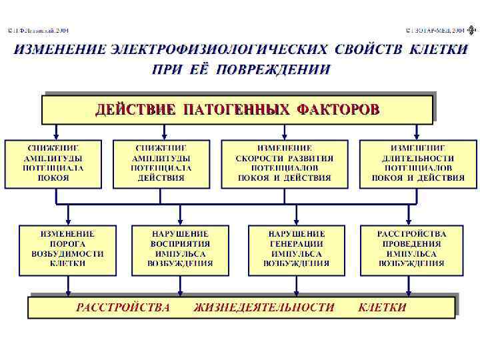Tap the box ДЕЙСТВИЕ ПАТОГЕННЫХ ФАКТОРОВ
tap(237, 109)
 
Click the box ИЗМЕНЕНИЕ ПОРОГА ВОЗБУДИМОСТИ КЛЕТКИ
tap(67, 249)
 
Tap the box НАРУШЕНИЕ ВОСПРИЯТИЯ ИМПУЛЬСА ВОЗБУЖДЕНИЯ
tap(181, 249)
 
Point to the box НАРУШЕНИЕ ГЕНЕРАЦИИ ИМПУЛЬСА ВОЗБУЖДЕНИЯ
tap(297, 249)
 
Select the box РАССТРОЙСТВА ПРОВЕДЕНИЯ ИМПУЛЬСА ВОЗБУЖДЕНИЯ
tap(411, 249)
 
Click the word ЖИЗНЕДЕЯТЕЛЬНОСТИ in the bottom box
tap(264, 307)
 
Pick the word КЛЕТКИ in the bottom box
tap(382, 307)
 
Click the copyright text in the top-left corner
tap(38, 31)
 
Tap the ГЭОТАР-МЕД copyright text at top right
tap(436, 31)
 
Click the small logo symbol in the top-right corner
tap(472, 30)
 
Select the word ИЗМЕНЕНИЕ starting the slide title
tap(60, 49)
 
